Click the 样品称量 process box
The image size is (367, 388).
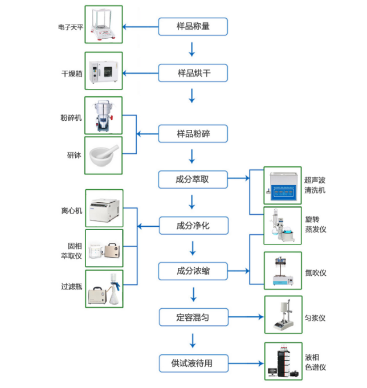pos(193,26)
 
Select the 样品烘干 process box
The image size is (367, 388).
pos(193,73)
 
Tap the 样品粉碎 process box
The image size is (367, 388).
pos(193,134)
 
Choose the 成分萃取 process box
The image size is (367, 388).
pos(193,179)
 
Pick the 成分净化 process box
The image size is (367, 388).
pos(193,226)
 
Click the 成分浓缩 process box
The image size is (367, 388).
pos(193,271)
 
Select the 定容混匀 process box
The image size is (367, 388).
pos(193,317)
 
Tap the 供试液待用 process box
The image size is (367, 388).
pos(193,362)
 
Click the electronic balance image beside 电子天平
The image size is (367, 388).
pos(103,24)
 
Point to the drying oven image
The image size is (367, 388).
pos(103,71)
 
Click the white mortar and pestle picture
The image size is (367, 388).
pos(103,155)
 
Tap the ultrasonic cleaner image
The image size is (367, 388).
pos(283,186)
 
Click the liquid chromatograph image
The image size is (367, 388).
pos(283,362)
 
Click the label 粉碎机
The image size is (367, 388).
pos(71,118)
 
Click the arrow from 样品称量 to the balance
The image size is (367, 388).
pos(140,26)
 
